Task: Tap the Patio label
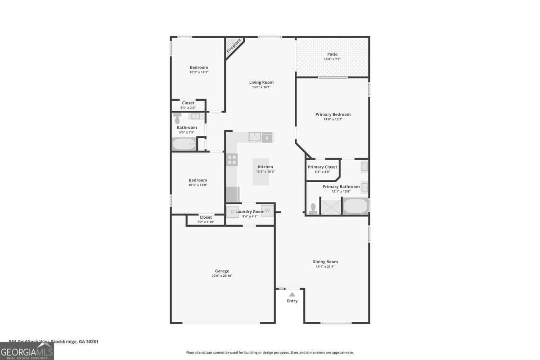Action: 332,54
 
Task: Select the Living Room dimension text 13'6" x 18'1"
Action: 261,87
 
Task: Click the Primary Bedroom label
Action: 333,114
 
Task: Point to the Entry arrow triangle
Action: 292,294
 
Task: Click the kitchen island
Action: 261,172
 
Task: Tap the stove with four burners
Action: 232,159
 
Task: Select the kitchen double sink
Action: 255,137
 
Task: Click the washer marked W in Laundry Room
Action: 267,210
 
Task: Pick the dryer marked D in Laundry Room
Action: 232,211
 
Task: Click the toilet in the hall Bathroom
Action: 177,118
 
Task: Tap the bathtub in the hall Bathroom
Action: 184,144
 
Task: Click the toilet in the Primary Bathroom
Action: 313,208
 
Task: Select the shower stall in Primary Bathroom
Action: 331,207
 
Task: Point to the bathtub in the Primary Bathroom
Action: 355,206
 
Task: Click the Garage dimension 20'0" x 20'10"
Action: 222,276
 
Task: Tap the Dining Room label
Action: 325,261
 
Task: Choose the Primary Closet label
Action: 322,167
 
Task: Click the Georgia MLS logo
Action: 27,351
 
